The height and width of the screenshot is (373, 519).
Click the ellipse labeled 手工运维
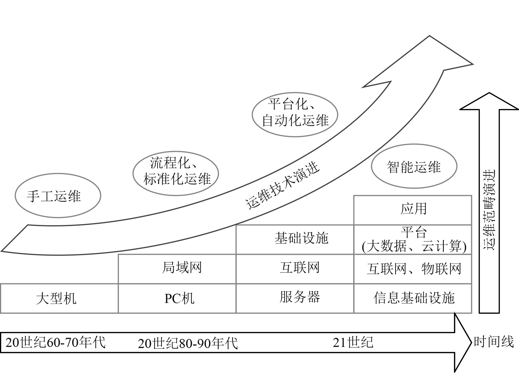point(58,196)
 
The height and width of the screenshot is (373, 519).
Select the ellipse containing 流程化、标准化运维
point(175,173)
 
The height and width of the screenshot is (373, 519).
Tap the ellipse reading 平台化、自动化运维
point(295,115)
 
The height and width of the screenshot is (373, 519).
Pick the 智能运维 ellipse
point(414,166)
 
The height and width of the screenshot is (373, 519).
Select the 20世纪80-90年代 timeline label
point(188,343)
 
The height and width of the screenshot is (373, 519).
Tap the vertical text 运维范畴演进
point(489,210)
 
